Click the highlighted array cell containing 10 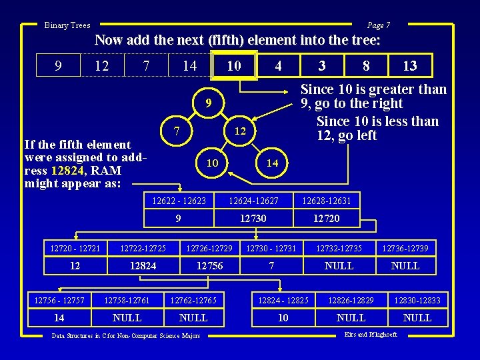pos(233,66)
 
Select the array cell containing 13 pos(410,66)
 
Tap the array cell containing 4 pos(279,66)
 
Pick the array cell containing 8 pos(366,66)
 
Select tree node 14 pos(272,163)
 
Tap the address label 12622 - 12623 pos(179,200)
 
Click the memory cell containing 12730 pos(253,218)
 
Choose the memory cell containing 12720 pos(326,218)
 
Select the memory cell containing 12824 pos(143,266)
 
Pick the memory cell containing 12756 pos(209,266)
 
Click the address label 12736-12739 pos(405,249)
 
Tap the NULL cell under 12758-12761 pos(127,318)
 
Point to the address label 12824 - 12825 pos(283,301)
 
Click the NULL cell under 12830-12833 pos(417,318)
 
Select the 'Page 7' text pos(378,25)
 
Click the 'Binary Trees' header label pos(67,25)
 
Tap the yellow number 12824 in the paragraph pos(66,170)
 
